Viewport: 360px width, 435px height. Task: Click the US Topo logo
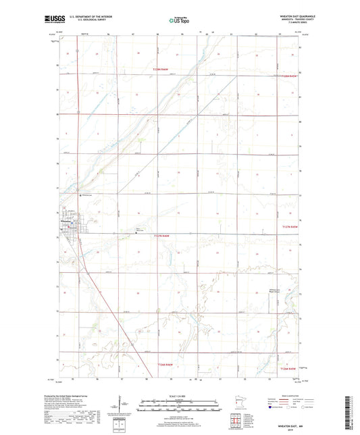point(178,21)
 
